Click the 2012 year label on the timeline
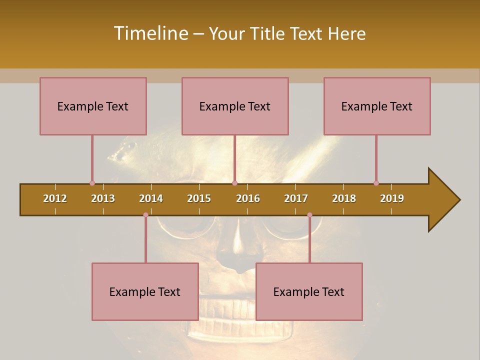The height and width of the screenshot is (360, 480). pyautogui.click(x=55, y=198)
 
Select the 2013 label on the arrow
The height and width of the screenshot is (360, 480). pyautogui.click(x=103, y=198)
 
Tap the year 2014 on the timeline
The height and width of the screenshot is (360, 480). pyautogui.click(x=151, y=198)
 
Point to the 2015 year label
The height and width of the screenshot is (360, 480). pyautogui.click(x=199, y=198)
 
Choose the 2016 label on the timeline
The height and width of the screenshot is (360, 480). pyautogui.click(x=248, y=198)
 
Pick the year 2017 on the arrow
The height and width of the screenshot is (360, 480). pyautogui.click(x=296, y=198)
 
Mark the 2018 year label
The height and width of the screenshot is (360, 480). pyautogui.click(x=344, y=198)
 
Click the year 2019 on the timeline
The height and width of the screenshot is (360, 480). pyautogui.click(x=392, y=198)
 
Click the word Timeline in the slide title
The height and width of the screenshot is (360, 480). pyautogui.click(x=150, y=33)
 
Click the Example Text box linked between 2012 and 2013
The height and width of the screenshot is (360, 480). pyautogui.click(x=93, y=106)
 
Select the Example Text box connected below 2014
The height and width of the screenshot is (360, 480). pyautogui.click(x=145, y=291)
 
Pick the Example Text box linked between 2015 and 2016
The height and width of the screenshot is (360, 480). pyautogui.click(x=235, y=106)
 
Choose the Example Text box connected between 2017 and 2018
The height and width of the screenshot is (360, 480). pyautogui.click(x=309, y=291)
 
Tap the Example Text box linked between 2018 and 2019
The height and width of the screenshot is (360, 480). pyautogui.click(x=377, y=106)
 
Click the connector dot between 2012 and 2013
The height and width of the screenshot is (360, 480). pyautogui.click(x=92, y=183)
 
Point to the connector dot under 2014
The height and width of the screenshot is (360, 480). pyautogui.click(x=145, y=215)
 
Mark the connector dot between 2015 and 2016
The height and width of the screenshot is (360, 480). pyautogui.click(x=234, y=183)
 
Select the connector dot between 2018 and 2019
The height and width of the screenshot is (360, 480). pyautogui.click(x=376, y=183)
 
